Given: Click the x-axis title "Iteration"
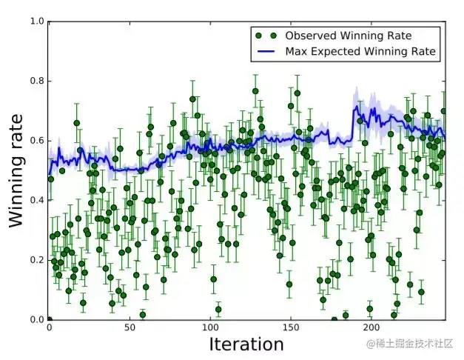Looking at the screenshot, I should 246,344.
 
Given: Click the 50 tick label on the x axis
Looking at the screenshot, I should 130,327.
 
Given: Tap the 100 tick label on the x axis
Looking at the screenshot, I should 210,327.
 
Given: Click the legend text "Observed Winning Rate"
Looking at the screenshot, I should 349,36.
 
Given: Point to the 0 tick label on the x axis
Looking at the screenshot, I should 49,327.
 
